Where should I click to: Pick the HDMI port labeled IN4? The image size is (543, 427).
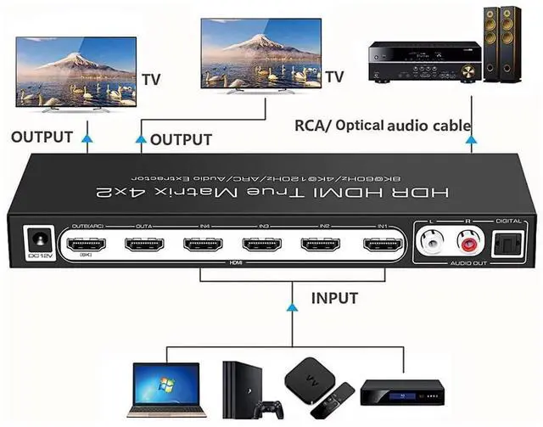click(x=204, y=247)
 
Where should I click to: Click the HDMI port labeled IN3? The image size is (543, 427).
click(x=263, y=247)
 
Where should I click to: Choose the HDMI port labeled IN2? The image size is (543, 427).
click(x=322, y=248)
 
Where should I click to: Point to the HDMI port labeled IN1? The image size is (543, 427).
click(x=381, y=248)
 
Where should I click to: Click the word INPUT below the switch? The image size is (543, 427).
click(x=334, y=298)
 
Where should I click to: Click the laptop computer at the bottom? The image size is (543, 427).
click(x=166, y=386)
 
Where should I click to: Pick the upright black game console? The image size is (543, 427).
click(x=240, y=387)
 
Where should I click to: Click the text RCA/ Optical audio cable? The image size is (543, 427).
click(x=382, y=126)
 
